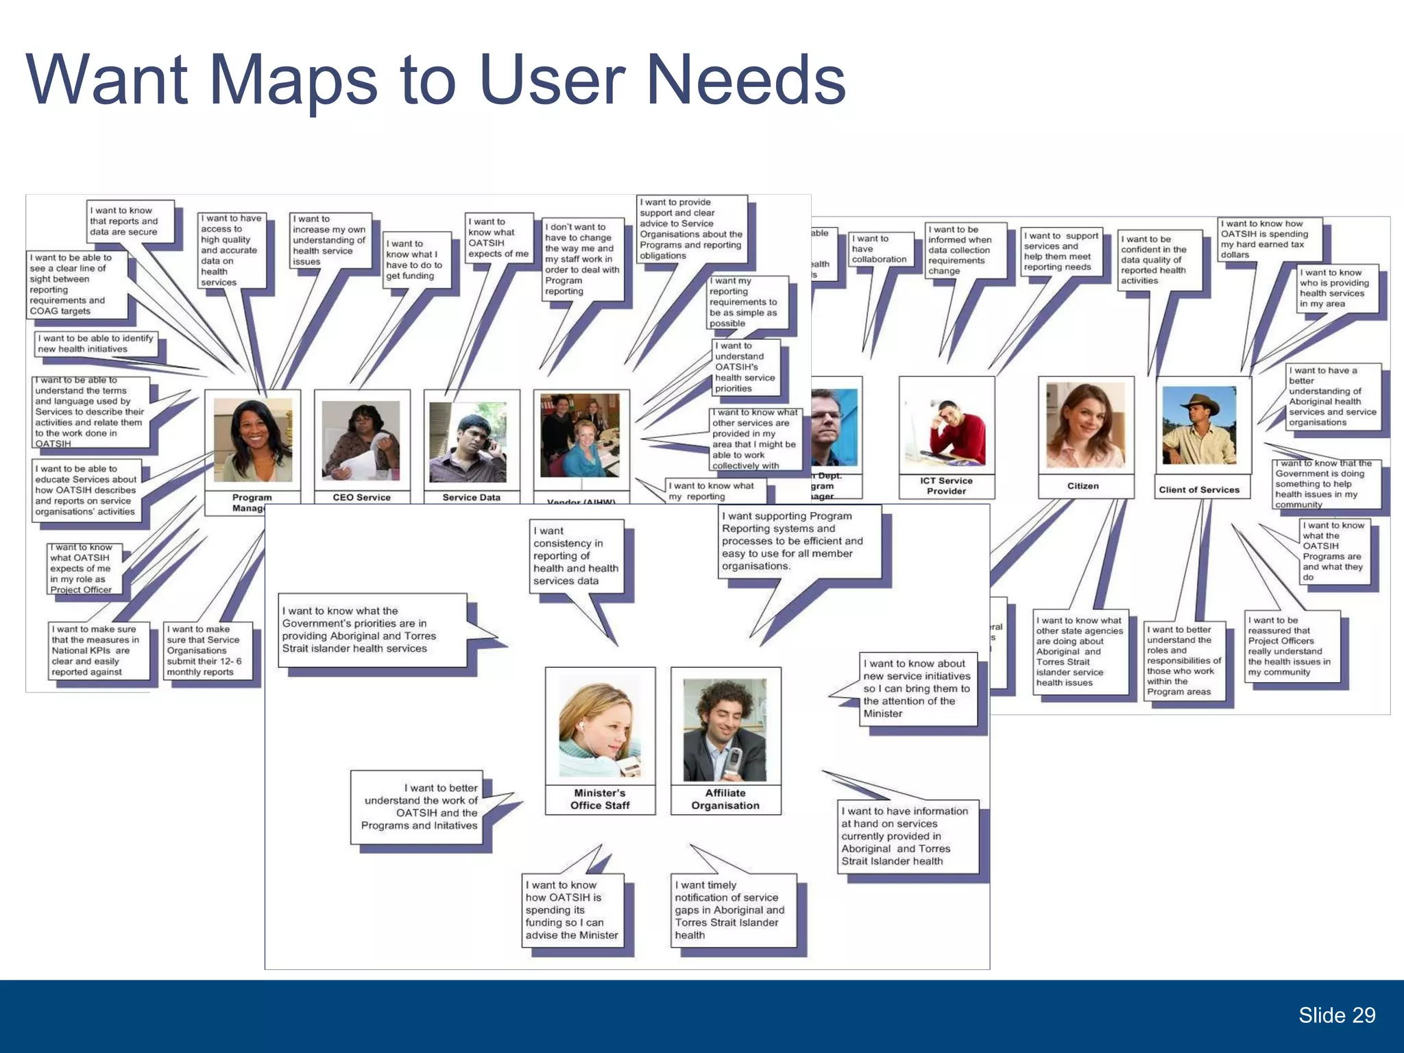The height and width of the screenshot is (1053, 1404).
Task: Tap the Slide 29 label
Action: point(1336,1015)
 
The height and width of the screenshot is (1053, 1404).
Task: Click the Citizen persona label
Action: point(1082,486)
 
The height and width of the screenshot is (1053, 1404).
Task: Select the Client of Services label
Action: point(1199,489)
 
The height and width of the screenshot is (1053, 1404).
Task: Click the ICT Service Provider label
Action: point(946,485)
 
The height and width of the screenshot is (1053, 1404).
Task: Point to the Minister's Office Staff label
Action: point(600,799)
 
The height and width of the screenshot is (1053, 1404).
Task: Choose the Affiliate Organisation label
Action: point(725,799)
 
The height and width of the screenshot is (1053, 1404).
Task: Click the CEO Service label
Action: point(361,497)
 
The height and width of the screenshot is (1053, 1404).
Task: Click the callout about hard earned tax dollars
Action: point(1269,239)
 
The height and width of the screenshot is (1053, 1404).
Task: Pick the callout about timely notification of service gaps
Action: point(734,910)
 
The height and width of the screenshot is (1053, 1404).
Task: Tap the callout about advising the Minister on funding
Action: point(572,910)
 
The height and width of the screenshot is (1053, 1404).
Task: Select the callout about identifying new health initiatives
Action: point(96,343)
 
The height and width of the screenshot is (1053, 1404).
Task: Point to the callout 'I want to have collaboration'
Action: point(880,249)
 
